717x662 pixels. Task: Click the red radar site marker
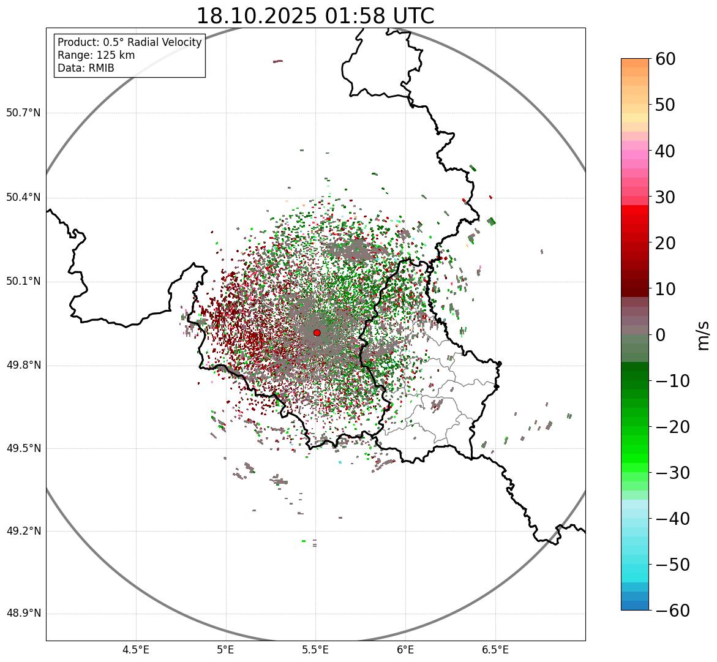click(x=317, y=333)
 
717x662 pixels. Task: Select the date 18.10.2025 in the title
click(x=257, y=16)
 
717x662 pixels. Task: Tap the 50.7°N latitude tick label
click(x=23, y=113)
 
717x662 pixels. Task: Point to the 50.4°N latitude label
click(x=23, y=198)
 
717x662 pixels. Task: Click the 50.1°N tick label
click(x=23, y=282)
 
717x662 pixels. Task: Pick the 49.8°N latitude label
click(x=23, y=366)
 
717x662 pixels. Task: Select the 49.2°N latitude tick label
click(x=23, y=531)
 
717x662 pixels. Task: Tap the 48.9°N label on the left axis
click(x=23, y=614)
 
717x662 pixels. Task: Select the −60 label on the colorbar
click(x=672, y=611)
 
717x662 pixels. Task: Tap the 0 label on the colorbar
click(x=661, y=335)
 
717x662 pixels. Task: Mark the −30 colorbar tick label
click(x=672, y=473)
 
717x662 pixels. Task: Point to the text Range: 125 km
click(x=96, y=55)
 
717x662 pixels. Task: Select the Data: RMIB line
click(x=86, y=68)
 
